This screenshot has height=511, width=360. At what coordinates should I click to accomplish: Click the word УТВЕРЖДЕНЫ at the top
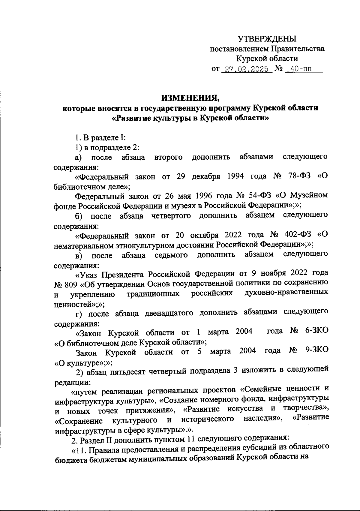[267, 39]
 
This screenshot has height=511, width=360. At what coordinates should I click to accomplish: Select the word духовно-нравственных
[286, 293]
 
